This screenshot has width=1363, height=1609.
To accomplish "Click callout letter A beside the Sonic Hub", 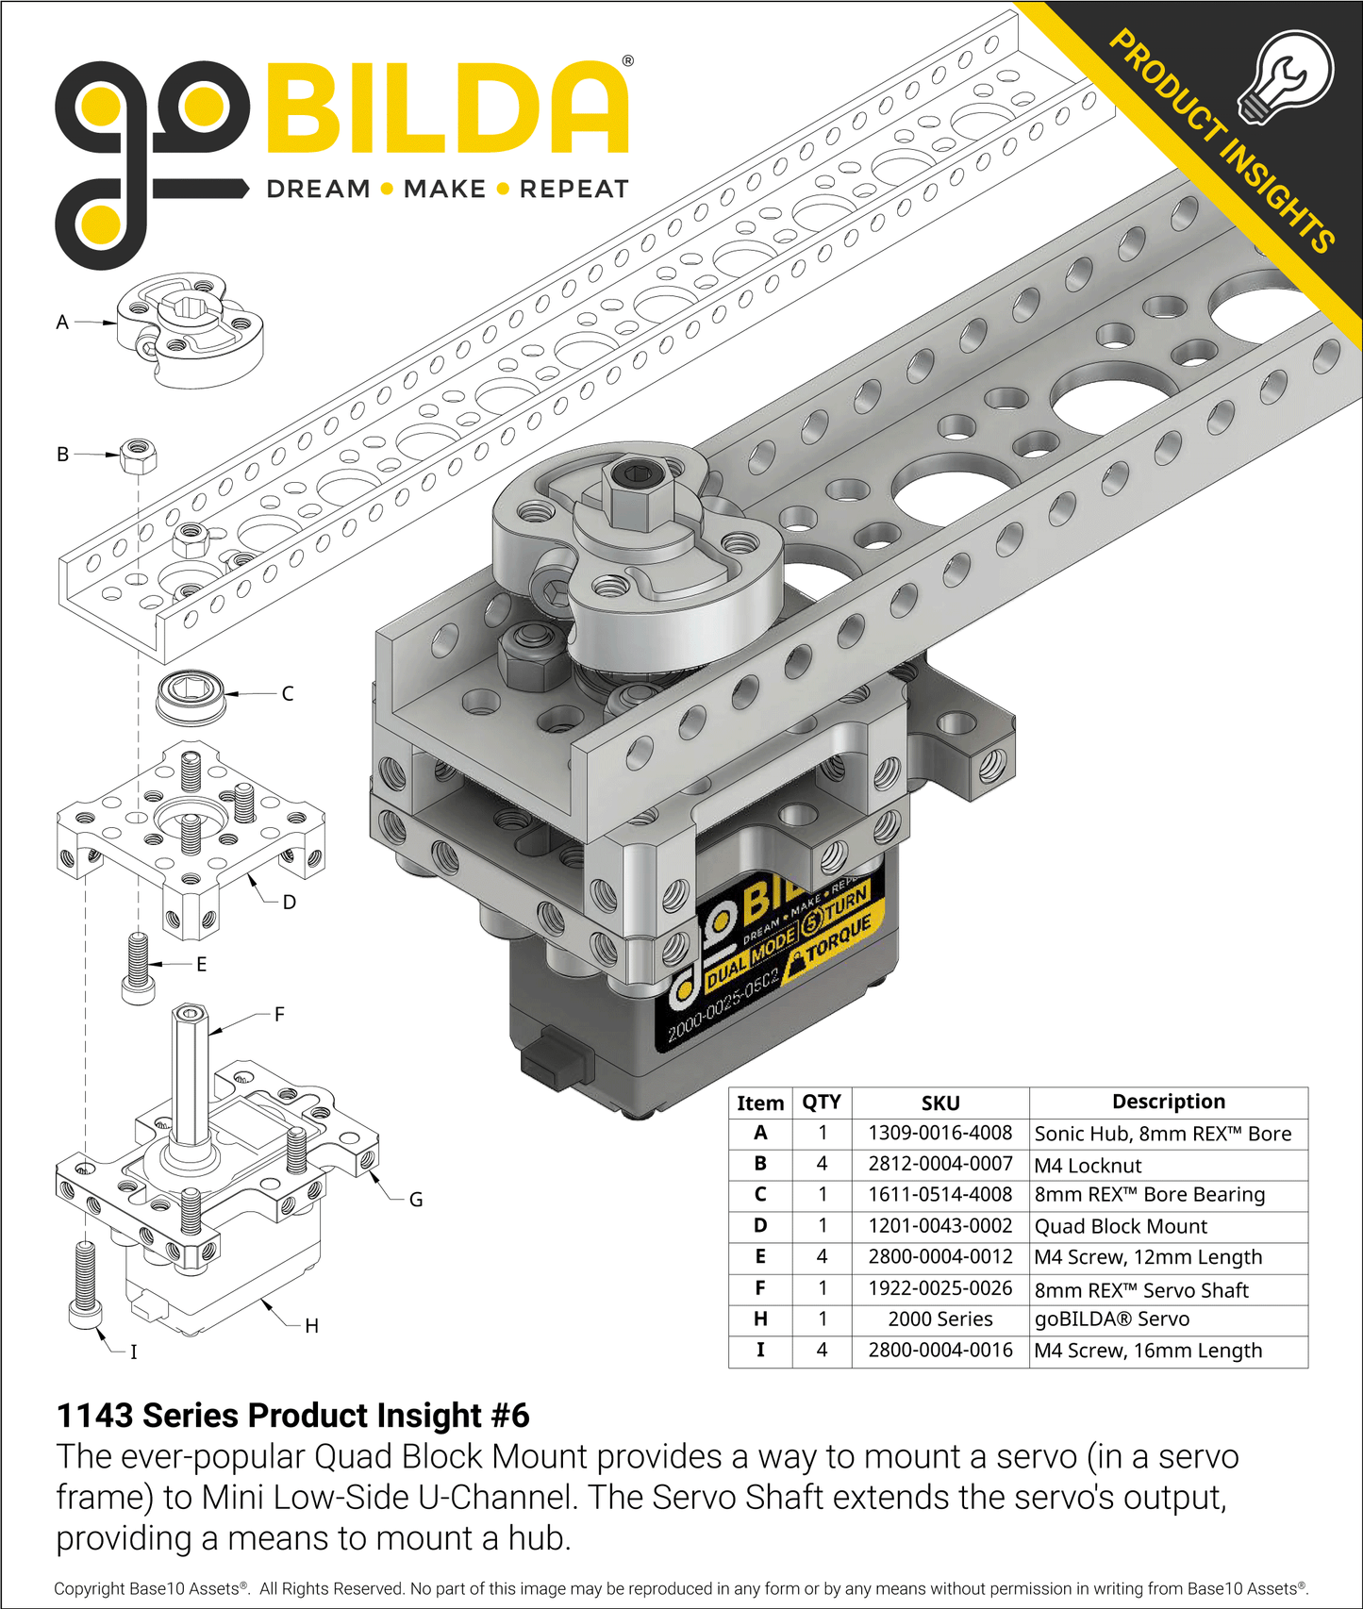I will [62, 322].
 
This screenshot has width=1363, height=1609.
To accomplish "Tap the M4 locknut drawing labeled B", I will [139, 456].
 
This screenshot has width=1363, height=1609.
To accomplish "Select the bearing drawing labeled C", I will [191, 698].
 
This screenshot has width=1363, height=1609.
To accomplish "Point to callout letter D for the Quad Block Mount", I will [289, 902].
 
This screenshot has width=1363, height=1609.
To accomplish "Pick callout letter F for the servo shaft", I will [278, 1015].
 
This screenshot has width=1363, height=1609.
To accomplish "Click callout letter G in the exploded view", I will [415, 1200].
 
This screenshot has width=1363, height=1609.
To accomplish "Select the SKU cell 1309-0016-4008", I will [939, 1133].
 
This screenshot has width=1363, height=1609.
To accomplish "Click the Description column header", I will [1168, 1102].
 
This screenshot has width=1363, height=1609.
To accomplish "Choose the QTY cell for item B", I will [822, 1164].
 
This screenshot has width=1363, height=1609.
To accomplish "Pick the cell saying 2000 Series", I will [939, 1319].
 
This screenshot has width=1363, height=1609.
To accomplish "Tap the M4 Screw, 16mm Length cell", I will [1147, 1351].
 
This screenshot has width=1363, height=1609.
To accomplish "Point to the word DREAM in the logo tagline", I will [318, 189].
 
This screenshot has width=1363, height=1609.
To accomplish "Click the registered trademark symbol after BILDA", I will [628, 61].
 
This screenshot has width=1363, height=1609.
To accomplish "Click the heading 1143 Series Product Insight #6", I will [292, 1416].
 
